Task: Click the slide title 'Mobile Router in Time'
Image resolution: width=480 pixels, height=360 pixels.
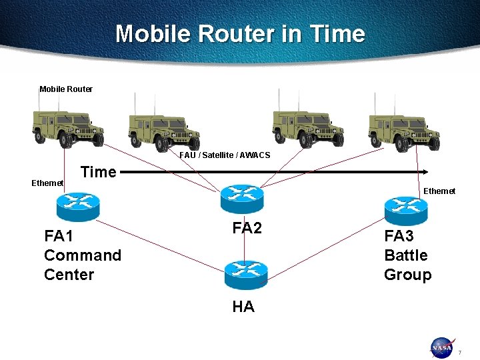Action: click(240, 34)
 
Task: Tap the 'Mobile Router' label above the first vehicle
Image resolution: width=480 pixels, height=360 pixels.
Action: click(66, 89)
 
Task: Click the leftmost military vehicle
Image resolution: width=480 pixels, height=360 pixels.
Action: click(69, 129)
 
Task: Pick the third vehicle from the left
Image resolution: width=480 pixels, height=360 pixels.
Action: click(308, 129)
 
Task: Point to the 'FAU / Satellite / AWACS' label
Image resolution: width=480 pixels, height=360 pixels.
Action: click(225, 155)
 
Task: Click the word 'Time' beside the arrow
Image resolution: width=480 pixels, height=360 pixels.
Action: click(98, 172)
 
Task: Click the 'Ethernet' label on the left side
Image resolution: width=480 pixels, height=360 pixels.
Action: click(47, 183)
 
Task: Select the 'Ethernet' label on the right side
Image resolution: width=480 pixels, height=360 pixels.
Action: click(439, 191)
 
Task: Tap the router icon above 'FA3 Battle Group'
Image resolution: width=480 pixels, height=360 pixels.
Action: click(406, 211)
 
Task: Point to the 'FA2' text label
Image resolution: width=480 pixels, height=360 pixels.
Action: click(247, 228)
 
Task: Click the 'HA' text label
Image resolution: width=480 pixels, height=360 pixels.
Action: click(243, 307)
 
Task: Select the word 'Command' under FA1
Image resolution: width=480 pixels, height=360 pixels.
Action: click(83, 255)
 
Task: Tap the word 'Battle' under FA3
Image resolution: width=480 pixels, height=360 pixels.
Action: click(406, 255)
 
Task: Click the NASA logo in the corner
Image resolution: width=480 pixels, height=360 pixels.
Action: click(441, 347)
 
